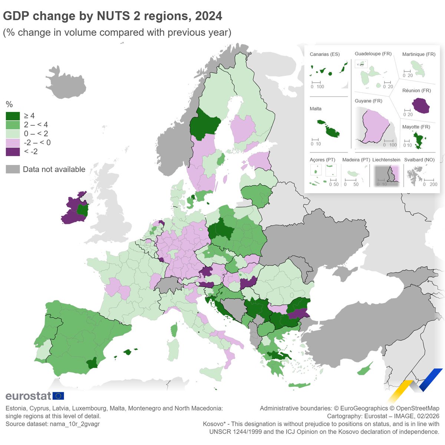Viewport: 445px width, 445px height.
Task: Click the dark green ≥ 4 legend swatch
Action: coord(13,116)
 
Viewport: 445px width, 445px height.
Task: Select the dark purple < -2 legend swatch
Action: coord(13,152)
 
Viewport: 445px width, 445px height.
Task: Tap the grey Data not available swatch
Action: coord(13,169)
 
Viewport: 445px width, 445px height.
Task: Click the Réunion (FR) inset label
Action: coord(416,90)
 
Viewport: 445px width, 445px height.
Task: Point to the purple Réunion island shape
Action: coord(421,106)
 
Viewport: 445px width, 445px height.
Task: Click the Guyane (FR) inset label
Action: coord(368,101)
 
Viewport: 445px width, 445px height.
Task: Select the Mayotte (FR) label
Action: coord(416,127)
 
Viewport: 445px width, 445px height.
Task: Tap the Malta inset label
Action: coord(316,109)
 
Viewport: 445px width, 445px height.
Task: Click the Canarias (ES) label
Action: coord(324,54)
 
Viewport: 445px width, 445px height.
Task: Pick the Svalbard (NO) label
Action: coord(419,160)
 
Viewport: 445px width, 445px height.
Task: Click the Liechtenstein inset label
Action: coord(386,160)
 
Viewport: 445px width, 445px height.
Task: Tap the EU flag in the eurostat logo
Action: coord(58,396)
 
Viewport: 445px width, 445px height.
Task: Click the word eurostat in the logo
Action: coord(28,396)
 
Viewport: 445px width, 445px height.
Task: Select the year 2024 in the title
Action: coord(208,16)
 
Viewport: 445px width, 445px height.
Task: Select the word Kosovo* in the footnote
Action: coord(215,424)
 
